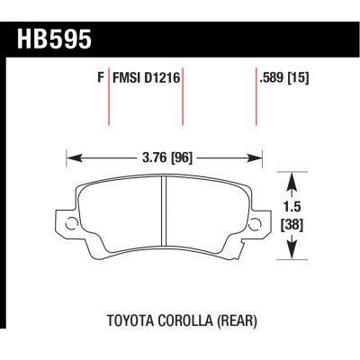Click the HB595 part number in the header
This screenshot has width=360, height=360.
[54, 40]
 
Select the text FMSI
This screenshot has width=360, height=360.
[127, 78]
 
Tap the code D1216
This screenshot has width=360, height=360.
[162, 78]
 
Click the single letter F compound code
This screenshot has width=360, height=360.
[101, 78]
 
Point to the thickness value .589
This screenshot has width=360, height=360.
[272, 78]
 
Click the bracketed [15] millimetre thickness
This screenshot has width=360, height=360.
[298, 78]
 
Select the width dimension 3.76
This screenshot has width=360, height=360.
[154, 157]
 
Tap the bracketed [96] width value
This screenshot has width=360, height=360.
[181, 157]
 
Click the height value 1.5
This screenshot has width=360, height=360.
[292, 207]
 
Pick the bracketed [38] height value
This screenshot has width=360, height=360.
[292, 225]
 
